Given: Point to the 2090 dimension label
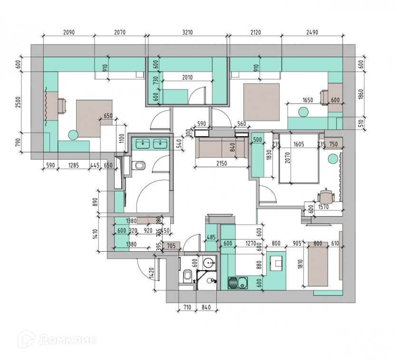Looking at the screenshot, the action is pyautogui.click(x=69, y=33).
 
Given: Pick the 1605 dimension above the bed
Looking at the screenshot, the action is pyautogui.click(x=300, y=146).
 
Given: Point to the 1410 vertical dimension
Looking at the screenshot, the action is pyautogui.click(x=96, y=234).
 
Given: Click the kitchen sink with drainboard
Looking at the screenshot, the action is pyautogui.click(x=239, y=283).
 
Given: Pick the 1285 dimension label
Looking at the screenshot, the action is pyautogui.click(x=73, y=166).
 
